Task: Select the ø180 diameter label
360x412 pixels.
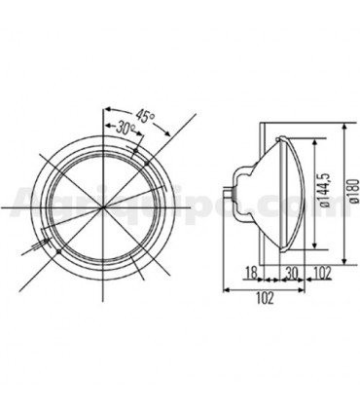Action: coord(346,201)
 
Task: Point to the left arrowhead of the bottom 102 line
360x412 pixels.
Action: coord(227,288)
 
